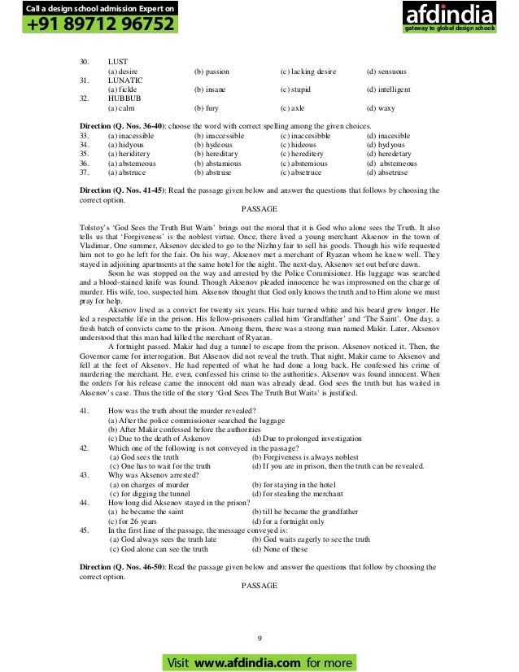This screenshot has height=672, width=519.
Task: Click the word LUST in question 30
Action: click(118, 62)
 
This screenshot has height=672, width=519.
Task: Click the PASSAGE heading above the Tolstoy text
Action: click(259, 207)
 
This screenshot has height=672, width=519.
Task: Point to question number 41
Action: click(85, 412)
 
